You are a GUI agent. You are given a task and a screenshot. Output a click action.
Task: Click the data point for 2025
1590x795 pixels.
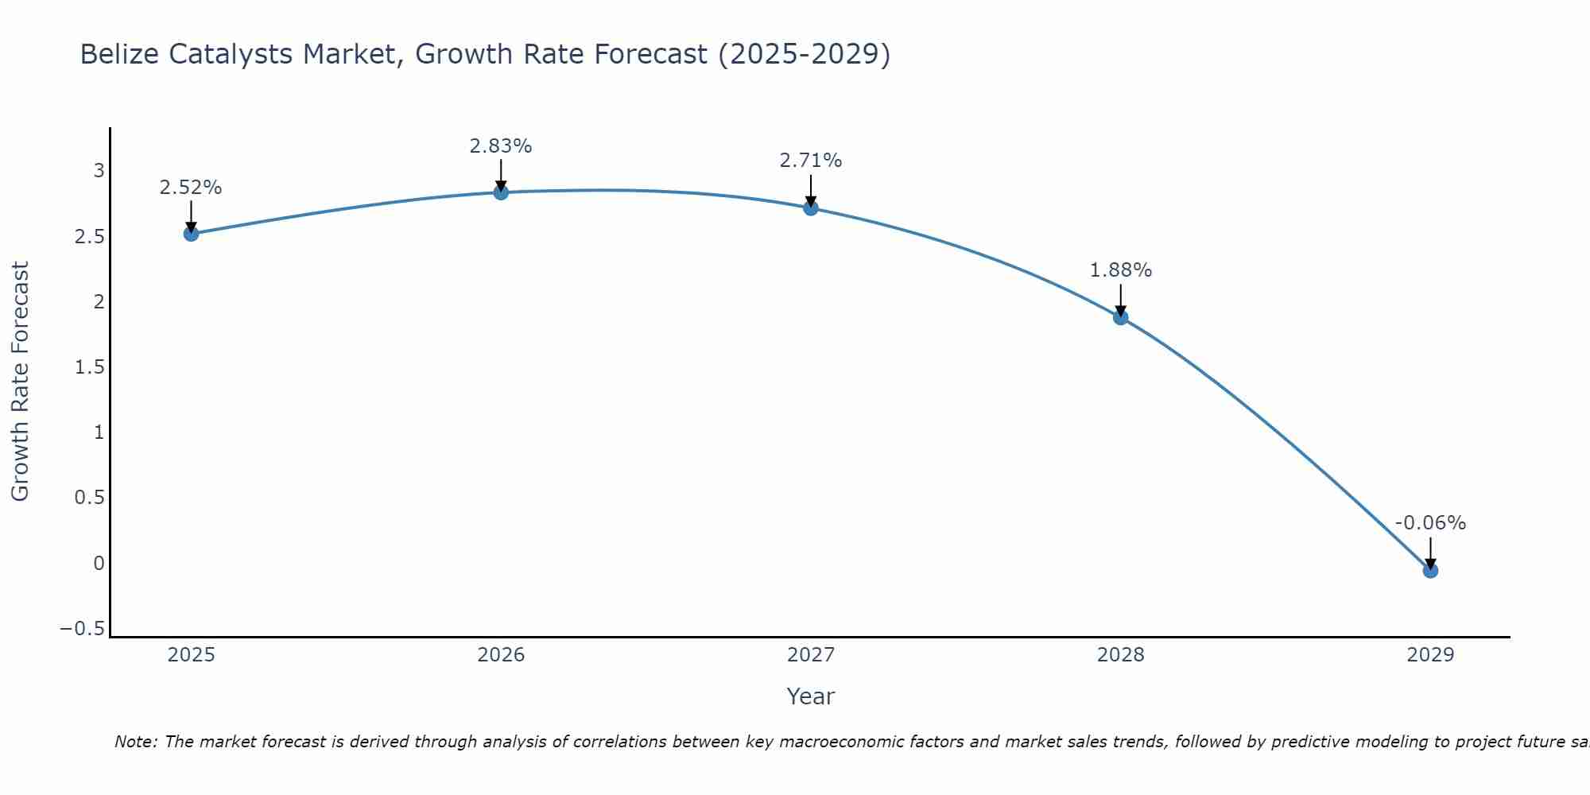pos(191,234)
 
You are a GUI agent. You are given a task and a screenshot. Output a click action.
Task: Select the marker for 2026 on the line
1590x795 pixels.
pos(501,192)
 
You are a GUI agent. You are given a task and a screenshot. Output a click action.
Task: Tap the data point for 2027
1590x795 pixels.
pos(811,208)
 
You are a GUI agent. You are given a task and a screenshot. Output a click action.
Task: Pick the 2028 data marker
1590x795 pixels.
pos(1121,318)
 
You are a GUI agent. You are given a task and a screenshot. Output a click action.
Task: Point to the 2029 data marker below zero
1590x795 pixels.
pos(1430,571)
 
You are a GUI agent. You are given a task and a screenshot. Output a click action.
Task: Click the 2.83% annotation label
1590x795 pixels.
pos(500,146)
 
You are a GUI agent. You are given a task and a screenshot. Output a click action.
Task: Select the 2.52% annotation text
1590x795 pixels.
pos(191,188)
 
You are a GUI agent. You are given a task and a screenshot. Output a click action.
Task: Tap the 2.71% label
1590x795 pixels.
pos(810,161)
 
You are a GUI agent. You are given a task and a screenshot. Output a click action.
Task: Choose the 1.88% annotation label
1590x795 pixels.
pos(1120,270)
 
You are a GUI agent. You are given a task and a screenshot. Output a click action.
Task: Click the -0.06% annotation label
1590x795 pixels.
pos(1430,523)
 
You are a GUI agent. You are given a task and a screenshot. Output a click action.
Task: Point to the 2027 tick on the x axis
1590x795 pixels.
pos(811,655)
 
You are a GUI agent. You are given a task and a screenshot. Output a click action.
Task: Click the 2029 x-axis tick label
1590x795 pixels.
pos(1430,655)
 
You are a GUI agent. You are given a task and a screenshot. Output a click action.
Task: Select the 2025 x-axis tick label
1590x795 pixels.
pos(192,655)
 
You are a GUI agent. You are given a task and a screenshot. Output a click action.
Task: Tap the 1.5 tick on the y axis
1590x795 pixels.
pos(89,367)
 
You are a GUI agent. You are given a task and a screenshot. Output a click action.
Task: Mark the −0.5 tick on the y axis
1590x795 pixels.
pos(82,629)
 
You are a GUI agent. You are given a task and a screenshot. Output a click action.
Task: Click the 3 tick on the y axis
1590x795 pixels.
pos(99,171)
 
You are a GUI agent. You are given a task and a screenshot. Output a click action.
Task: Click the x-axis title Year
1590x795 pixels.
pos(810,697)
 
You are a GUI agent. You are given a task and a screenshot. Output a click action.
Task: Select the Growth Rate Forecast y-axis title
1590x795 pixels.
pos(21,382)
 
